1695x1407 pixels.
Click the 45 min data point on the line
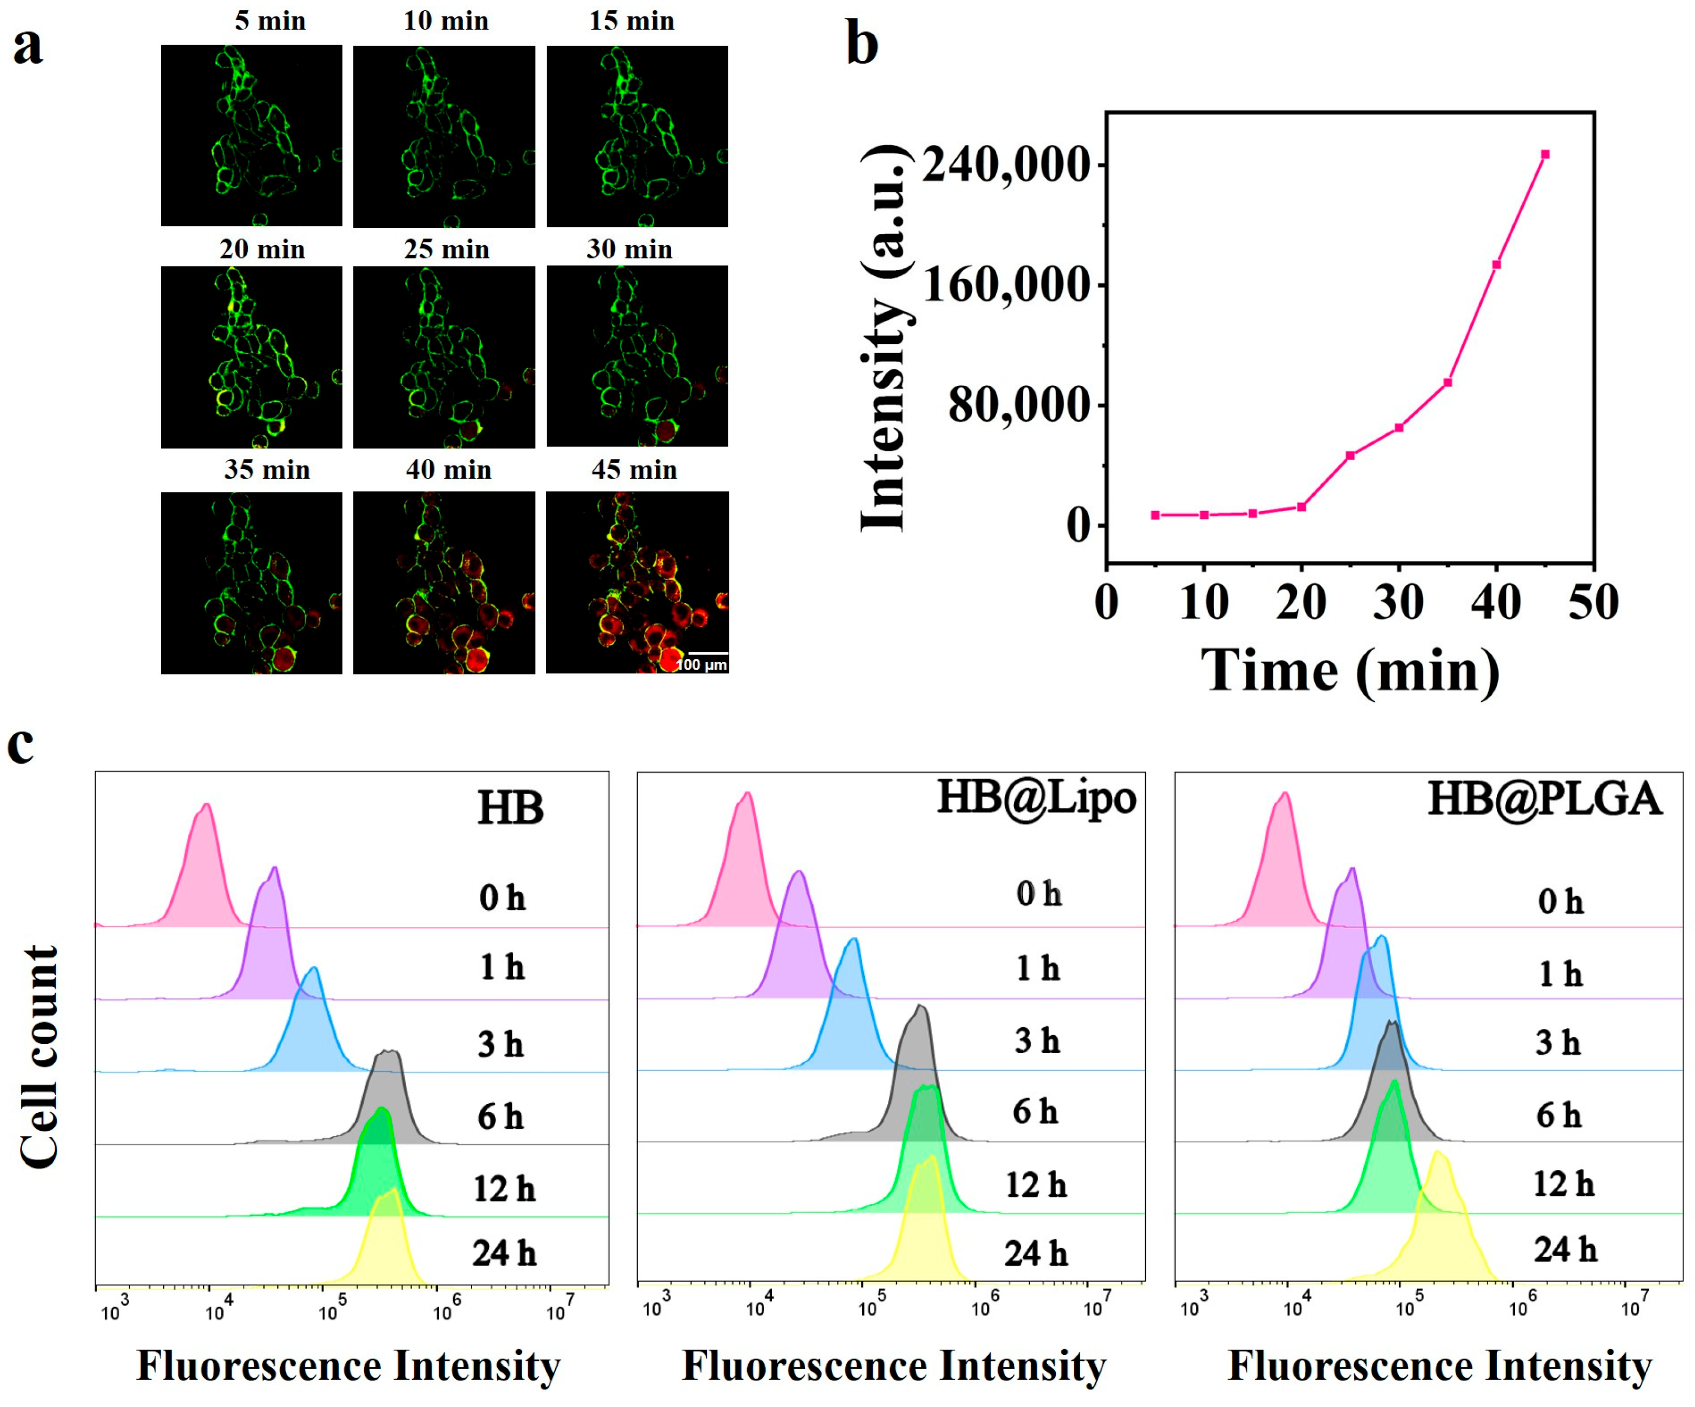(1545, 154)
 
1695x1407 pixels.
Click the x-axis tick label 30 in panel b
(1399, 602)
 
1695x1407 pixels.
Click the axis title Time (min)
(1349, 670)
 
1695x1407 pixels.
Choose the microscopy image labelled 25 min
(444, 357)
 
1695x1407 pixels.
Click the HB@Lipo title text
(1037, 798)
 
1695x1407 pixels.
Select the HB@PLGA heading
(1544, 799)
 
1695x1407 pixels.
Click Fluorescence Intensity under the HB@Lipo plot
(894, 1366)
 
